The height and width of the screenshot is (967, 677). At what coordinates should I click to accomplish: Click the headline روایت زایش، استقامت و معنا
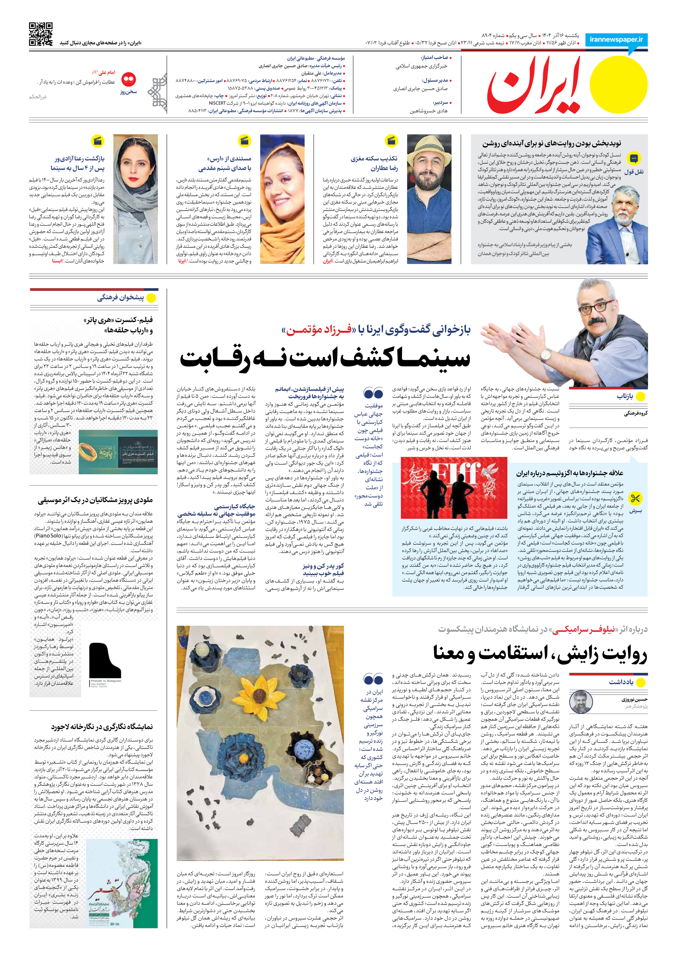[540, 653]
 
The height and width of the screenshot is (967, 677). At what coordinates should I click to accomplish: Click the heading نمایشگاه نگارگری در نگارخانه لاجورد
[102, 727]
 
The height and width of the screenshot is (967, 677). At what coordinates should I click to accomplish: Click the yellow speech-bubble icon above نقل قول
[634, 159]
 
